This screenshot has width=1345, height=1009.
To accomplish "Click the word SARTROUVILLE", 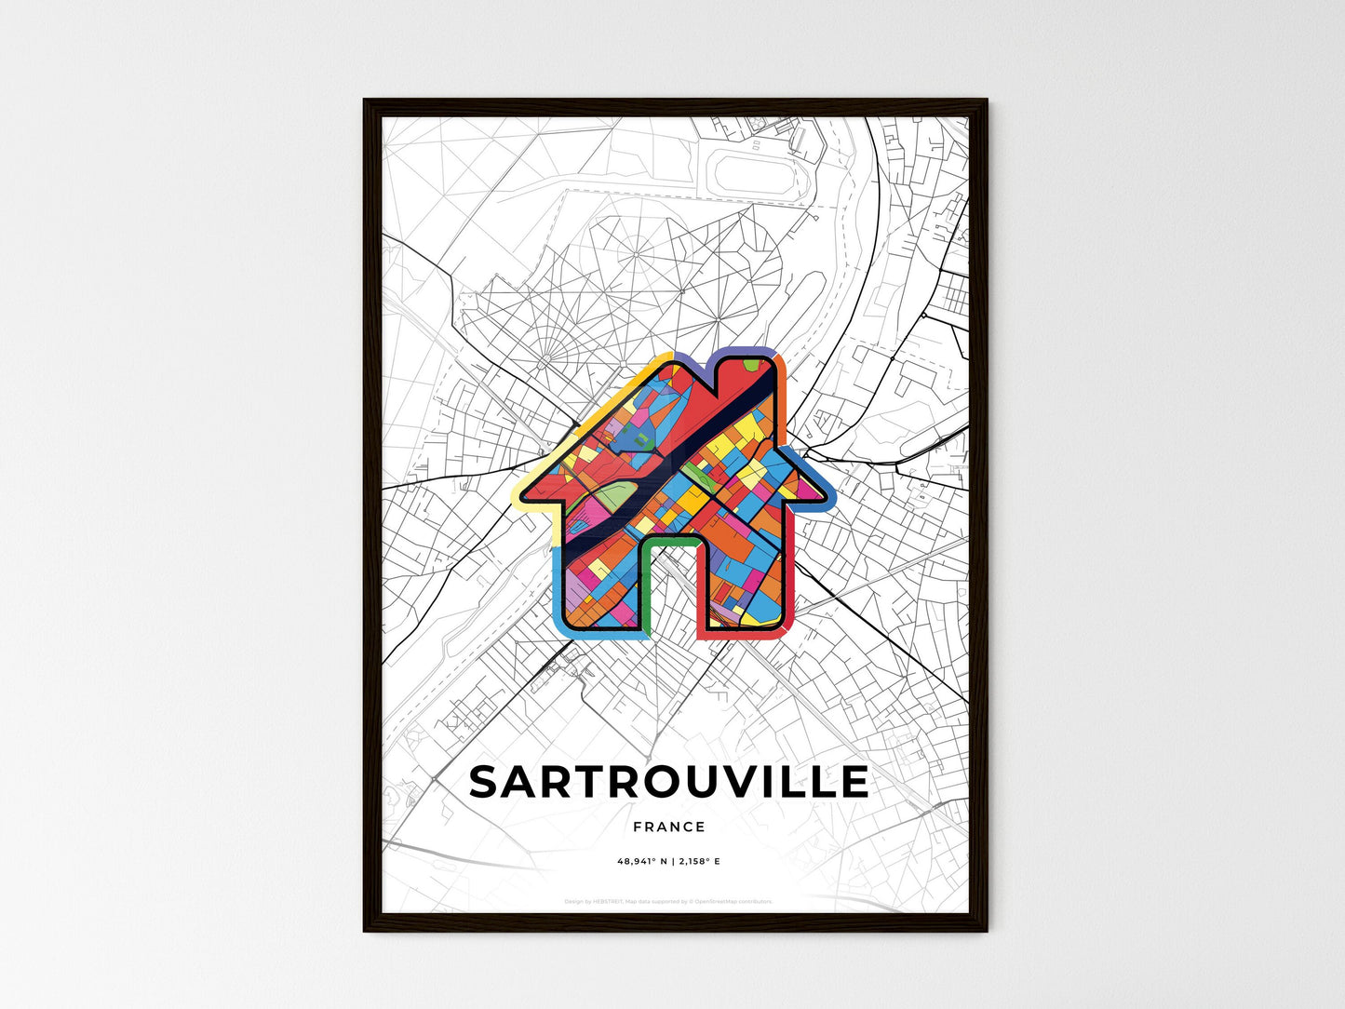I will pyautogui.click(x=668, y=782).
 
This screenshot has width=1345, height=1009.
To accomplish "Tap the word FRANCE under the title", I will pyautogui.click(x=668, y=827).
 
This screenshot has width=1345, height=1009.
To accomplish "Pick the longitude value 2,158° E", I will pyautogui.click(x=697, y=862).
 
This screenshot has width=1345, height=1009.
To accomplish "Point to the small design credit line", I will pyautogui.click(x=668, y=901).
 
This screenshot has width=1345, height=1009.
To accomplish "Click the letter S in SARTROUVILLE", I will pyautogui.click(x=487, y=782).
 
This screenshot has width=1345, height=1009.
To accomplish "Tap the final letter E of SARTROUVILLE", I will pyautogui.click(x=853, y=782).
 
